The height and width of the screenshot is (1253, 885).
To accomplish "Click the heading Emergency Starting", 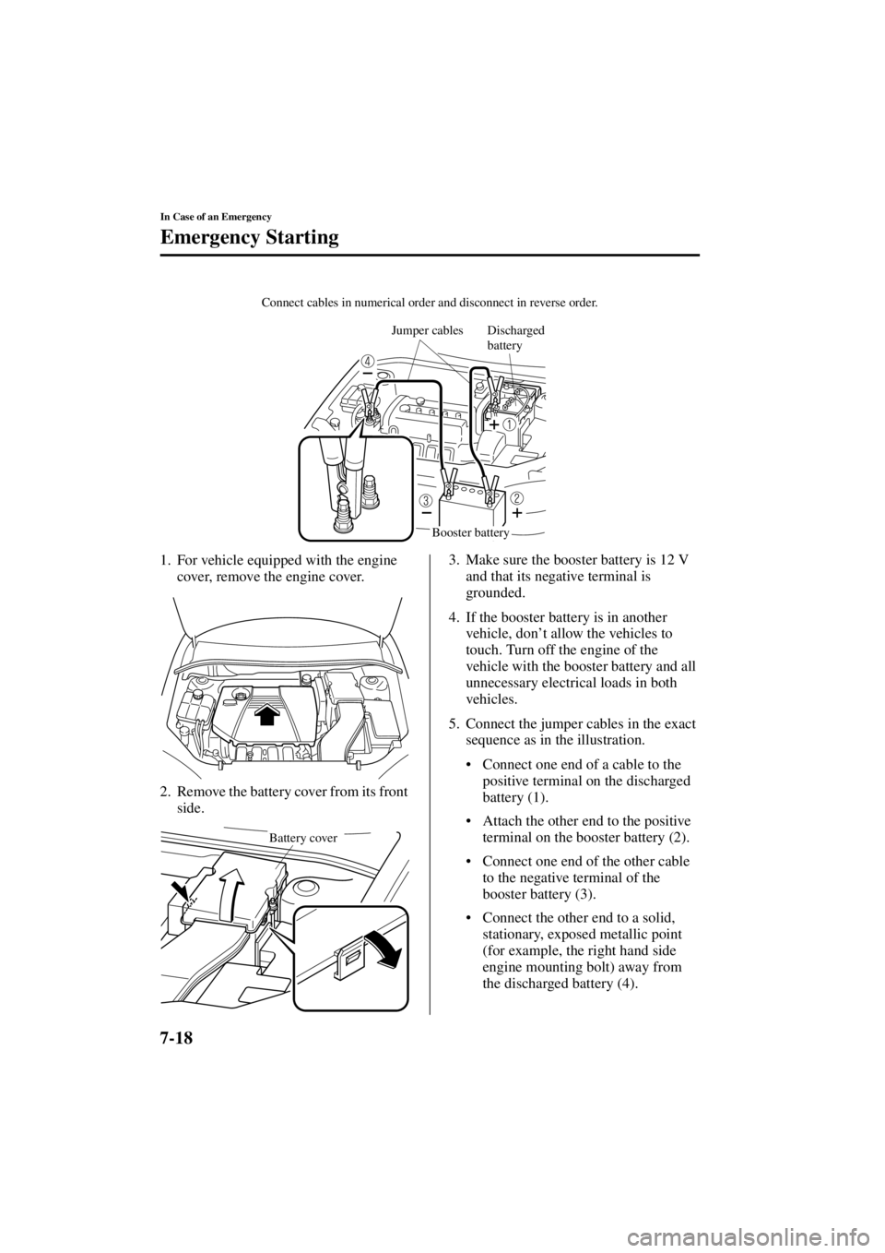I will coord(249,238).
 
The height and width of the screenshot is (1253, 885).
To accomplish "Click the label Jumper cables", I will coord(427,330).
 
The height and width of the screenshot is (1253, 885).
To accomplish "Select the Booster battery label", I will coord(470,532).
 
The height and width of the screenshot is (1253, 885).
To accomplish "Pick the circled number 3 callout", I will coord(426,500).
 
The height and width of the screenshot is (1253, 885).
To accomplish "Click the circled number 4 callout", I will coord(368,361).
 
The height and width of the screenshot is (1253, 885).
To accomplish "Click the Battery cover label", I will coord(302,839).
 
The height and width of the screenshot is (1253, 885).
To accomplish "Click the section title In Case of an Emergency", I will coord(215,217).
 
